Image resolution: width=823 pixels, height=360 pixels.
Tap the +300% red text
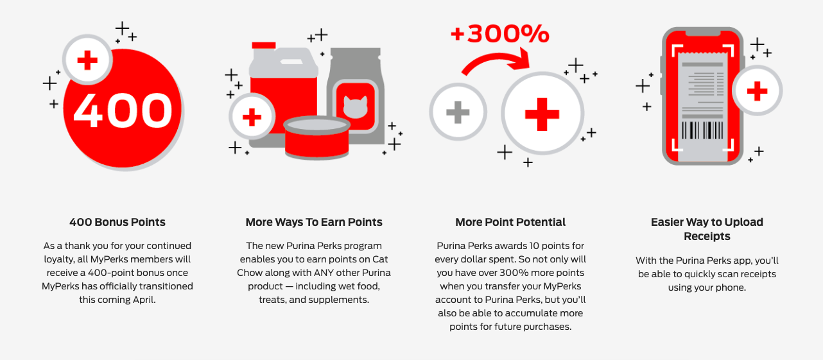tap(500, 33)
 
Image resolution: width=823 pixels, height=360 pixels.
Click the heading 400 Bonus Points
tap(117, 222)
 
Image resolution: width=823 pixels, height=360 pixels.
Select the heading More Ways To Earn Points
tap(314, 222)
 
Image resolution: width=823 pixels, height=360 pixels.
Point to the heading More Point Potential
tap(510, 222)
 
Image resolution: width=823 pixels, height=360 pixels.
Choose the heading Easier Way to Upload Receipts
tap(707, 229)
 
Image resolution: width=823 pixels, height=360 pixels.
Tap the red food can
tap(316, 137)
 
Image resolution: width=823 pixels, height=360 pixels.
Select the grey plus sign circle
tap(458, 113)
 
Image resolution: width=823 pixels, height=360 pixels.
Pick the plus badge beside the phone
tap(758, 91)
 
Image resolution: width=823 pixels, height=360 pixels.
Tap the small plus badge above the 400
tap(87, 60)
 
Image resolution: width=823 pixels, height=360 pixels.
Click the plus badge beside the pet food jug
tap(252, 117)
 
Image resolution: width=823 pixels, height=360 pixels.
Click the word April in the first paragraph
tap(141, 300)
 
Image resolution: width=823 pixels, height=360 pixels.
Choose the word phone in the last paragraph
tap(732, 287)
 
